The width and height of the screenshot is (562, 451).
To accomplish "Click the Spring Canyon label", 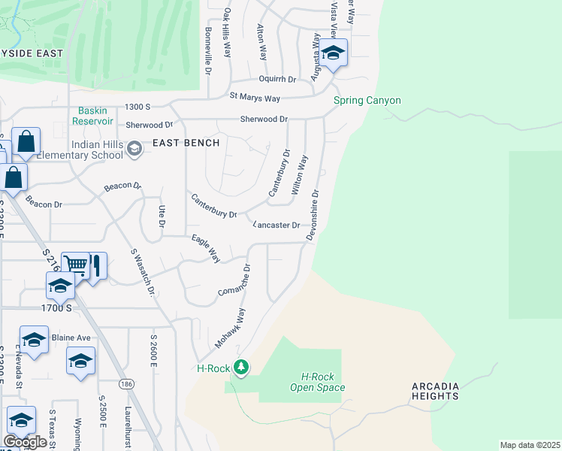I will [x=367, y=101].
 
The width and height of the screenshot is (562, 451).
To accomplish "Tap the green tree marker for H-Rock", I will [x=240, y=368].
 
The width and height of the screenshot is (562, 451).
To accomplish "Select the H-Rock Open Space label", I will [x=318, y=383].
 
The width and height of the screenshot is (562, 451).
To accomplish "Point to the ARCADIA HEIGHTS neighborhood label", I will [x=446, y=390].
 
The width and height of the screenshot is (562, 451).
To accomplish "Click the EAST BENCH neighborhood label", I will [x=186, y=143].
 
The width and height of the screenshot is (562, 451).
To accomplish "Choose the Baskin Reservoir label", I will [x=94, y=115].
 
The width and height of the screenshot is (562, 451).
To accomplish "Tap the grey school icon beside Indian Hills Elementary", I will [x=134, y=149].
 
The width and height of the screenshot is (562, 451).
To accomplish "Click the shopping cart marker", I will [x=75, y=265].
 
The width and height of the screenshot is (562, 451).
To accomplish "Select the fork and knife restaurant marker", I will [x=95, y=265].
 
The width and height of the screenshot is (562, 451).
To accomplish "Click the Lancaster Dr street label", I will [x=276, y=225].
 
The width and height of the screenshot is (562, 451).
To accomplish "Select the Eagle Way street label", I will [x=205, y=249].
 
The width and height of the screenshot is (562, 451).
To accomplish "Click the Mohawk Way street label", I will [x=231, y=327].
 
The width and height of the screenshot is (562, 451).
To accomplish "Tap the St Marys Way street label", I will [x=255, y=98].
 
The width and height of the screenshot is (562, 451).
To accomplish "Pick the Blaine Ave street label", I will [x=71, y=337].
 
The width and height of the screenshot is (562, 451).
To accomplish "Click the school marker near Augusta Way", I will [x=333, y=53].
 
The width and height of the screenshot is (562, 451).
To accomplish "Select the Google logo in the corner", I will [x=25, y=441].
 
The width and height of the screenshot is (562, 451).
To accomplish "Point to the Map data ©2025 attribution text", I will [x=530, y=445].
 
